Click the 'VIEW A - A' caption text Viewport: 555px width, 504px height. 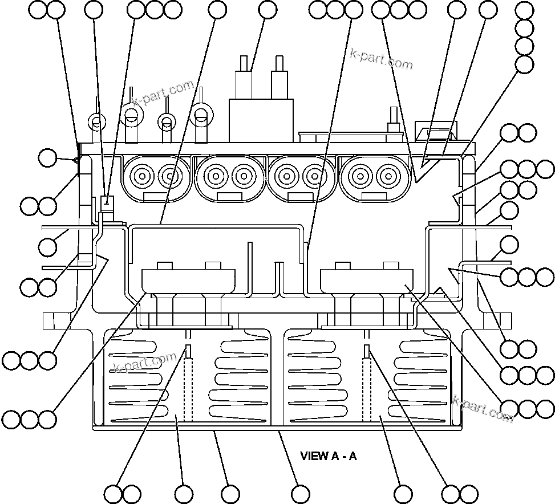329,456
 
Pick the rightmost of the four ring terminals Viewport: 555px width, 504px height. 200,114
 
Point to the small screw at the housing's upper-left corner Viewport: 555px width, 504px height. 76,160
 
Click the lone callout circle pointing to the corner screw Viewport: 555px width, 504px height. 48,157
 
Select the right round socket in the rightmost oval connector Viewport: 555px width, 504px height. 388,177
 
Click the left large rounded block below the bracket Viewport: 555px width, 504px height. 188,281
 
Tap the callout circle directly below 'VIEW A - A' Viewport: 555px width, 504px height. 300,494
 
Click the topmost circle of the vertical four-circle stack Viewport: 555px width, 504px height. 524,10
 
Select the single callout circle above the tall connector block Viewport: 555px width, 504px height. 267,10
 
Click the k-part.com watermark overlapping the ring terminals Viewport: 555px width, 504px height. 163,94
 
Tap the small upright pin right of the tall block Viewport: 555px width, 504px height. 392,120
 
